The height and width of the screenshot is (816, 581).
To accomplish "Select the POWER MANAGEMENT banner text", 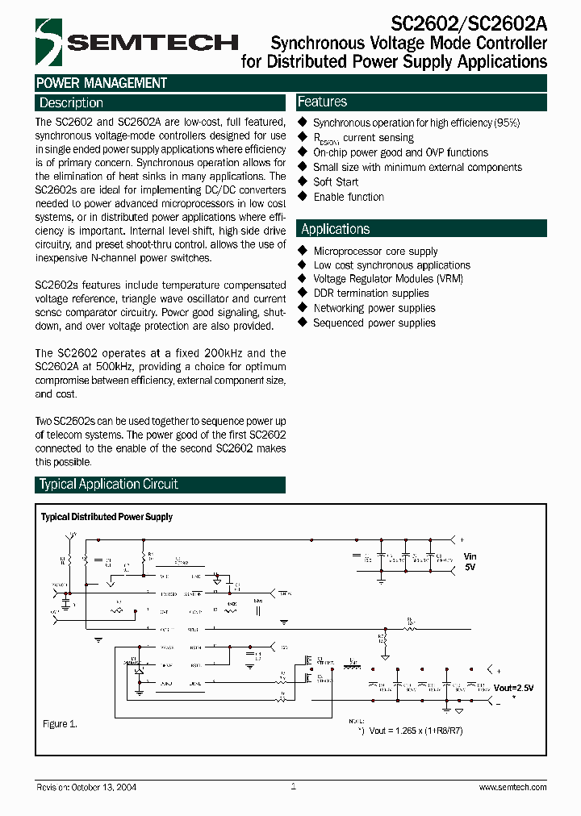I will pyautogui.click(x=102, y=83).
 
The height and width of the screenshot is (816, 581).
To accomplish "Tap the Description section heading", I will pyautogui.click(x=71, y=103).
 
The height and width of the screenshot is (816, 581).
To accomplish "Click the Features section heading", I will pyautogui.click(x=322, y=102).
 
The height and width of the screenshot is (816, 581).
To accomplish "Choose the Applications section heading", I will pyautogui.click(x=335, y=229).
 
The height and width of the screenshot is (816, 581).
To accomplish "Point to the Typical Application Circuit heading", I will pyautogui.click(x=108, y=485).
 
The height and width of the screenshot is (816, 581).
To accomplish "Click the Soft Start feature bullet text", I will pyautogui.click(x=336, y=182).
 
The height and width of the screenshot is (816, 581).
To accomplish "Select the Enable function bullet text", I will pyautogui.click(x=349, y=197).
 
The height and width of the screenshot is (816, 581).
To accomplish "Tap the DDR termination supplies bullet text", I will pyautogui.click(x=371, y=294).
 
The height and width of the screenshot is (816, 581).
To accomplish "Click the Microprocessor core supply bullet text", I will pyautogui.click(x=375, y=251).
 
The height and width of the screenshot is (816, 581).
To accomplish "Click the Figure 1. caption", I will pyautogui.click(x=60, y=724).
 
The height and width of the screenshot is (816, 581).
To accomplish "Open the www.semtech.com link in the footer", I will pyautogui.click(x=512, y=787).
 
